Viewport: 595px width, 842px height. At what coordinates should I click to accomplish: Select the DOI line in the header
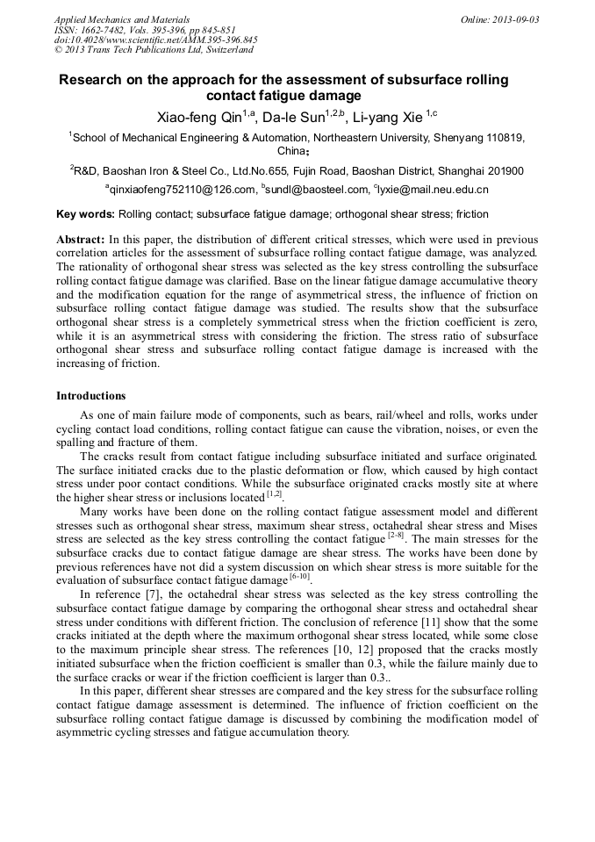click(155, 40)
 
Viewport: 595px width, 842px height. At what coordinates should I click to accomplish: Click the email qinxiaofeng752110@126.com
click(182, 190)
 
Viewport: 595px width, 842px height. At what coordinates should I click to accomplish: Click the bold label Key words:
click(85, 214)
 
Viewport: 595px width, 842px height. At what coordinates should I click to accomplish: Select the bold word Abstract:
click(81, 240)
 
